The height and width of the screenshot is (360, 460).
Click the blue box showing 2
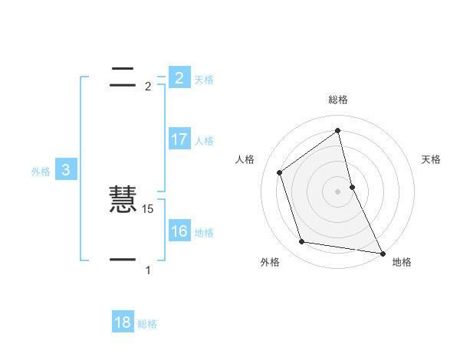click(179, 77)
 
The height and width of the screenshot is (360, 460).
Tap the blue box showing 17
click(179, 139)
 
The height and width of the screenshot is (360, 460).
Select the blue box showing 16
click(179, 231)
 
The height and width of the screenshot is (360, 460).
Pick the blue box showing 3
click(66, 170)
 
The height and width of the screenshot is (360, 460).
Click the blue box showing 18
click(123, 322)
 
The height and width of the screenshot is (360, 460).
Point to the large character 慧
click(123, 201)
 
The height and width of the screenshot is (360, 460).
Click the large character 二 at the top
click(123, 75)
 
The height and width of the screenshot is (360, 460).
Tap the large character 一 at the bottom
click(123, 260)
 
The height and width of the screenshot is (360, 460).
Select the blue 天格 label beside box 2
click(204, 79)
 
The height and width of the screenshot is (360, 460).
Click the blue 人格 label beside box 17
click(204, 141)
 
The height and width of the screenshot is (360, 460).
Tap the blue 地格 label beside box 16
click(204, 233)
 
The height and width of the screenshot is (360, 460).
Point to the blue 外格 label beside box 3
click(41, 172)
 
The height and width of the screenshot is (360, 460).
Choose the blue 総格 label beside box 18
click(147, 324)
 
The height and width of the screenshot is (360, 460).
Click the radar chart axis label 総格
click(338, 100)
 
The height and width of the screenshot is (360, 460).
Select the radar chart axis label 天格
click(432, 159)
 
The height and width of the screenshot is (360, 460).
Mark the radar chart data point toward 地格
click(382, 253)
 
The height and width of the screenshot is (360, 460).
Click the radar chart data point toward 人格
click(280, 172)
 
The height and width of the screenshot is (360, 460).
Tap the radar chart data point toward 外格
click(302, 242)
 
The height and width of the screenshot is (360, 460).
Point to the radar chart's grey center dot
click(338, 191)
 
